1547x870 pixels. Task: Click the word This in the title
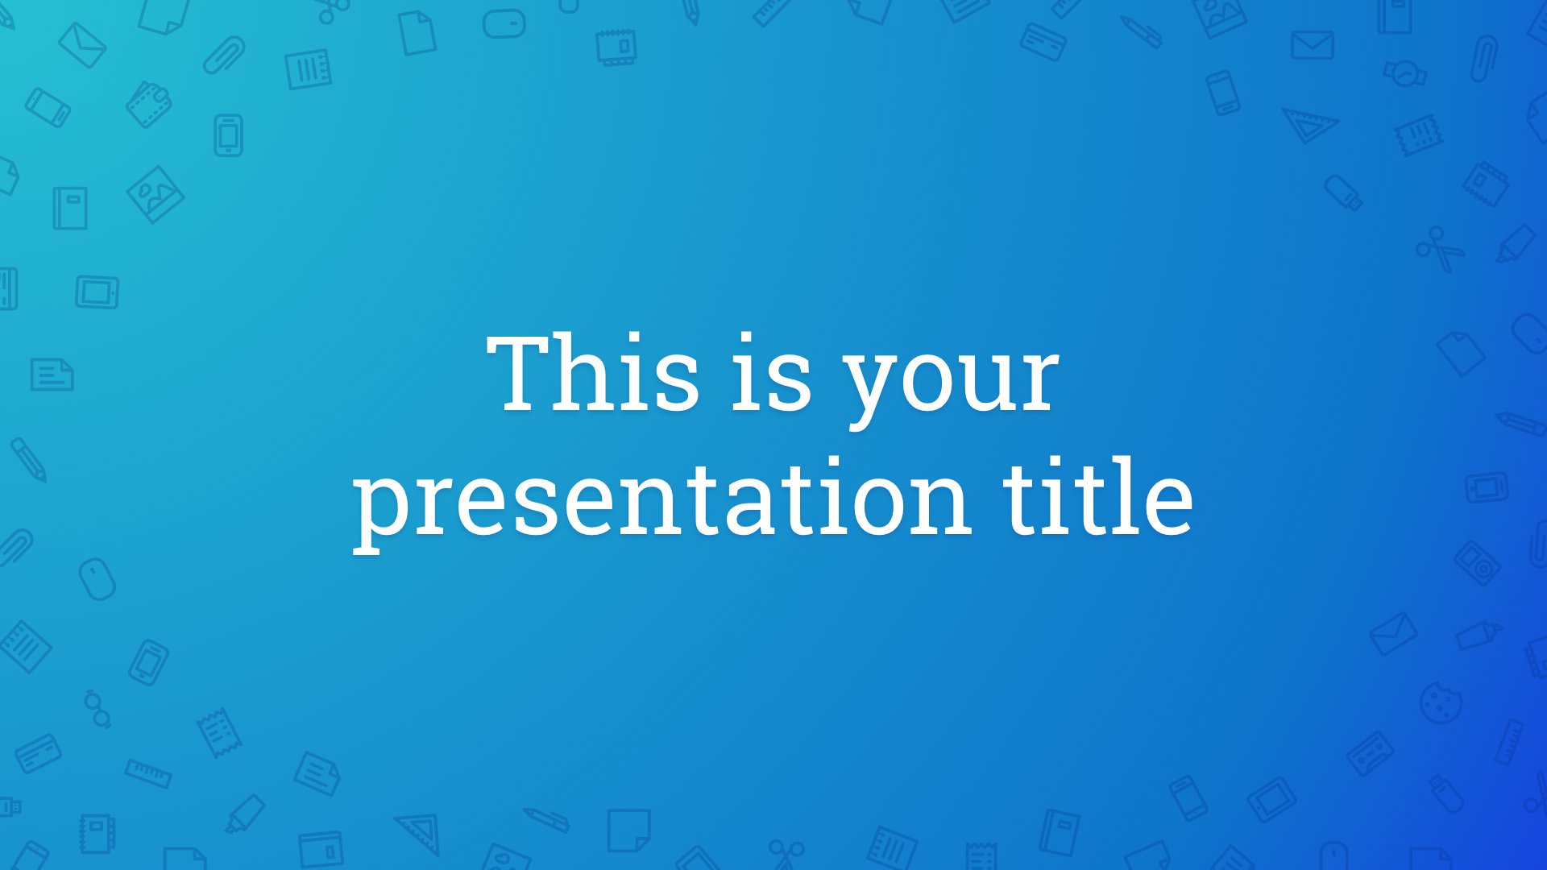pyautogui.click(x=593, y=373)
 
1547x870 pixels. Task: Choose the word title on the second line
pyautogui.click(x=1097, y=495)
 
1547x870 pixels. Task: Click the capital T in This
pyautogui.click(x=523, y=374)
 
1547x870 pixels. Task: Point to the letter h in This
pyautogui.click(x=595, y=373)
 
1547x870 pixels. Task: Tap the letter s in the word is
pyautogui.click(x=786, y=383)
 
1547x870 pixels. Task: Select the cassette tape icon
pyautogui.click(x=1371, y=754)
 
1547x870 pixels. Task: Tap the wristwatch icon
pyautogui.click(x=1405, y=73)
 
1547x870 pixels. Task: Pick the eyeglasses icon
pyautogui.click(x=97, y=708)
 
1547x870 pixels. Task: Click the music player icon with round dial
pyautogui.click(x=1477, y=562)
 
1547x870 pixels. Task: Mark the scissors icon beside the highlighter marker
pyautogui.click(x=1441, y=248)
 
